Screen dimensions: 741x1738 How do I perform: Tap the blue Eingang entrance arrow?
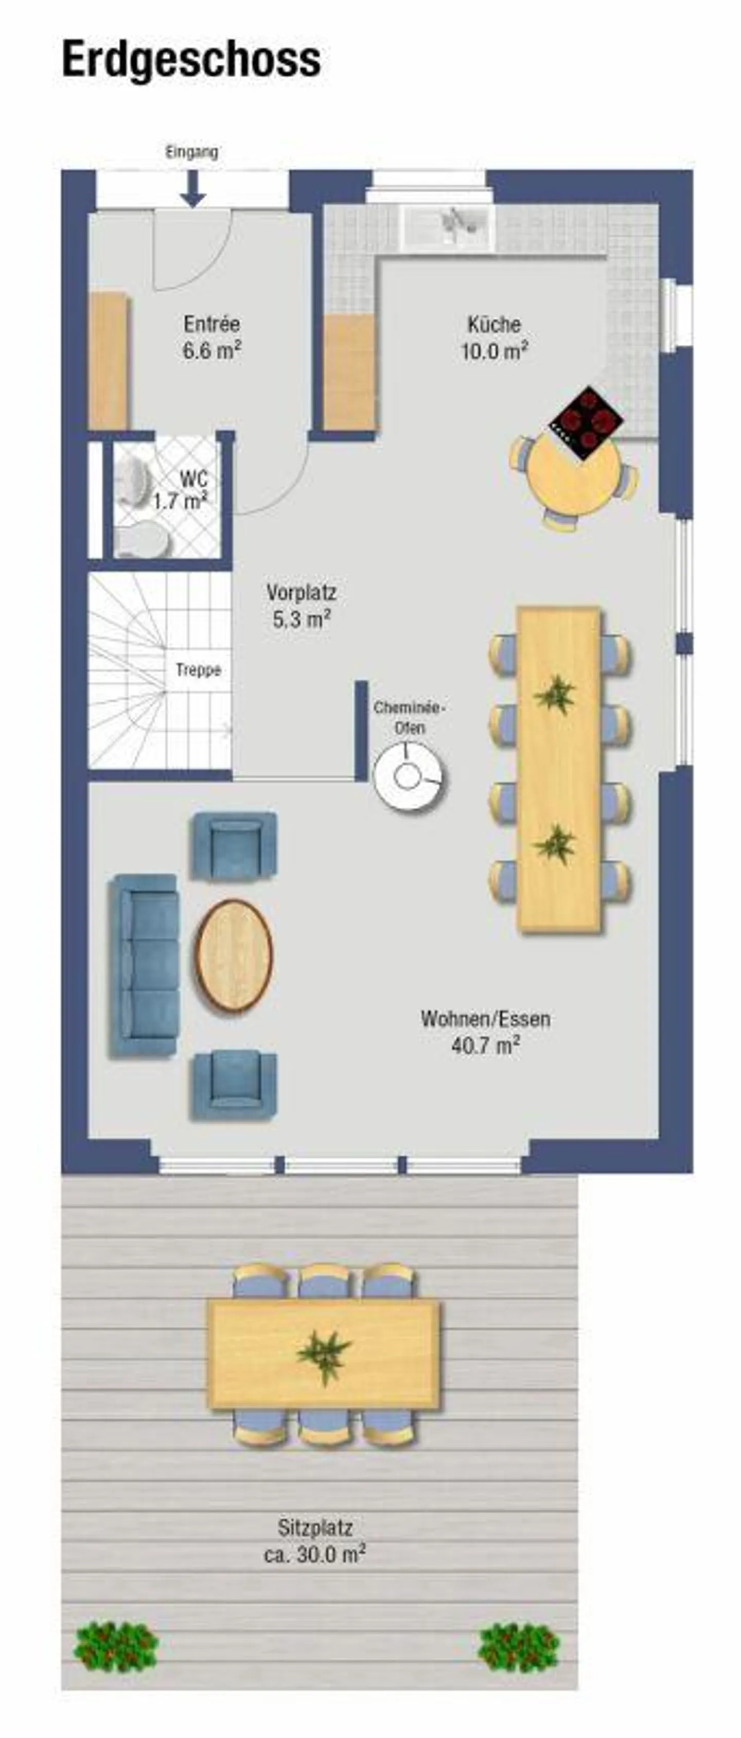pyautogui.click(x=193, y=188)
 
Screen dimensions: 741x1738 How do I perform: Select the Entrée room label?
pyautogui.click(x=212, y=324)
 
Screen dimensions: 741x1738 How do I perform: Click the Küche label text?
pyautogui.click(x=495, y=324)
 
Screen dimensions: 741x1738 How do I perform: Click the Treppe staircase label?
pyautogui.click(x=199, y=670)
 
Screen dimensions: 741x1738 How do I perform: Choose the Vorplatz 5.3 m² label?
pyautogui.click(x=301, y=607)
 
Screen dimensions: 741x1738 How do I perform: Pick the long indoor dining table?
pyautogui.click(x=559, y=770)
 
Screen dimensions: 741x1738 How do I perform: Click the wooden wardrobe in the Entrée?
pyautogui.click(x=109, y=360)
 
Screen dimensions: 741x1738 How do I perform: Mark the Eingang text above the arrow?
pyautogui.click(x=192, y=152)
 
